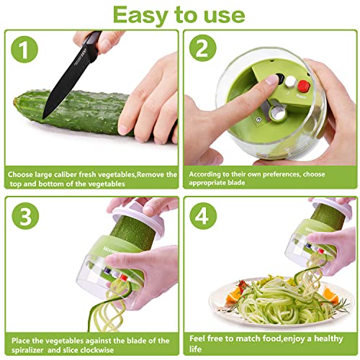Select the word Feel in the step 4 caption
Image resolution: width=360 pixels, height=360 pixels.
197,338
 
